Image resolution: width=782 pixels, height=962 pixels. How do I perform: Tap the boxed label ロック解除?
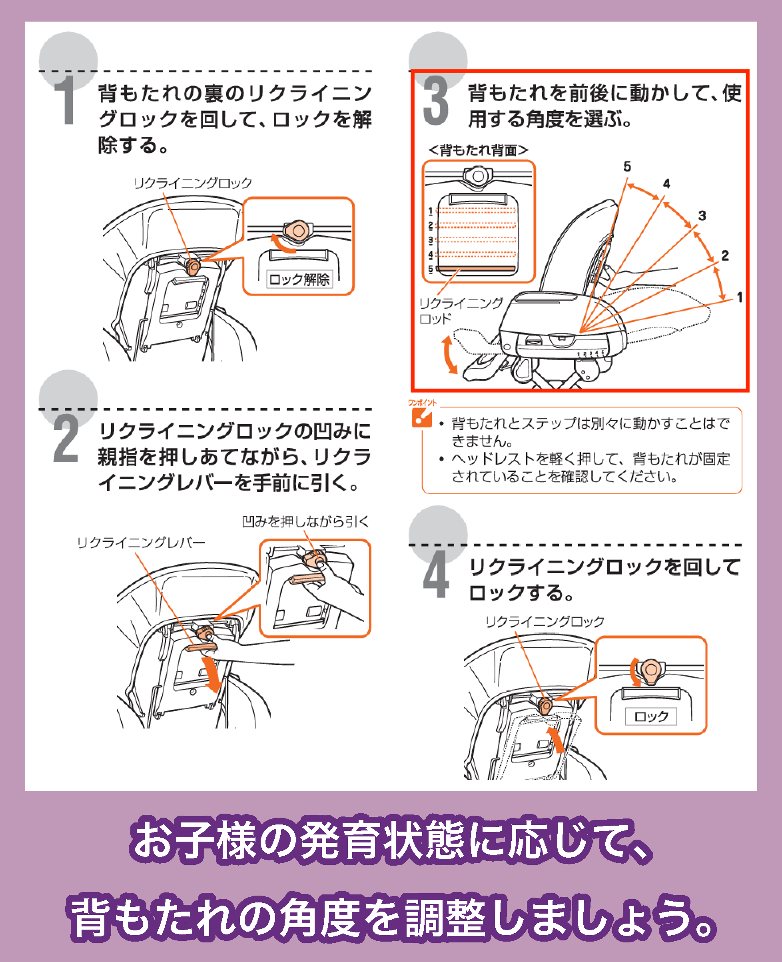pos(299,279)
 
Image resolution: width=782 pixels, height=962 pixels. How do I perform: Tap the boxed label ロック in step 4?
pos(651,717)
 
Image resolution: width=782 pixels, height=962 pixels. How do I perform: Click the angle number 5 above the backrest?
pos(627,167)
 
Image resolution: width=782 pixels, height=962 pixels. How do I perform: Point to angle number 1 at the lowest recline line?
pos(739,297)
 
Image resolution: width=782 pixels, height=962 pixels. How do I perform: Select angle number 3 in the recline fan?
pos(702,216)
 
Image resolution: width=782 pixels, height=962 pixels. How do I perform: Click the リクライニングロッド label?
pos(459,311)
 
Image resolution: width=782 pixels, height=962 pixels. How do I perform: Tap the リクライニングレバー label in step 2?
pos(141,543)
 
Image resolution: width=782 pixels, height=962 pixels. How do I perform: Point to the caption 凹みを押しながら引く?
pos(305,521)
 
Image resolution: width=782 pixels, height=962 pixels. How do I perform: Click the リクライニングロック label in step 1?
pos(192,183)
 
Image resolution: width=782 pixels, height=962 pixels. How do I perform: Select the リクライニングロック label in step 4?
pos(545,621)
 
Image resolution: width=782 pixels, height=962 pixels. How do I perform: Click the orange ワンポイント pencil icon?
pos(421,417)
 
